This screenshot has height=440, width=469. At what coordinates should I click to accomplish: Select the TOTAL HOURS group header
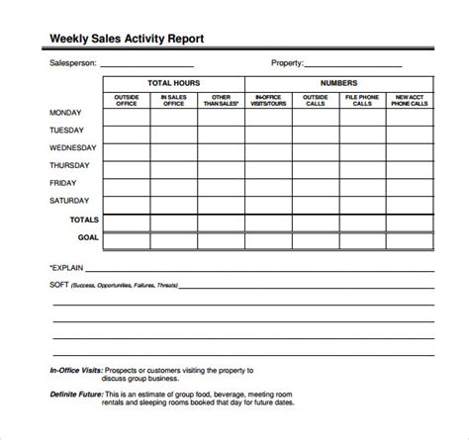coord(172,83)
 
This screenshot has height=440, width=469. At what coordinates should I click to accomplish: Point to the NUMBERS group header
coord(339,83)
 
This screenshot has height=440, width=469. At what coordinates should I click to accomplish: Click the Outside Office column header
coord(126,99)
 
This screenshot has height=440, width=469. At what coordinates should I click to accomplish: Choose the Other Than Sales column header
coord(221,99)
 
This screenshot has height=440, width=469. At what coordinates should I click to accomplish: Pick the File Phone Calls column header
coord(364,99)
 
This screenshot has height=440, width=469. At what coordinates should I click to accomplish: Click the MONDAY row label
coord(66,113)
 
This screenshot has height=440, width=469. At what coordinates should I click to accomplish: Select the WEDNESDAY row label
coord(72,148)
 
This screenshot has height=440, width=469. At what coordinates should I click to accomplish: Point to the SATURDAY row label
coord(69,201)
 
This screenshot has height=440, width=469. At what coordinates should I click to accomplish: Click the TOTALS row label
coord(84,219)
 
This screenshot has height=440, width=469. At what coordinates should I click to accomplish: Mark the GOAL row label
coord(88,237)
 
